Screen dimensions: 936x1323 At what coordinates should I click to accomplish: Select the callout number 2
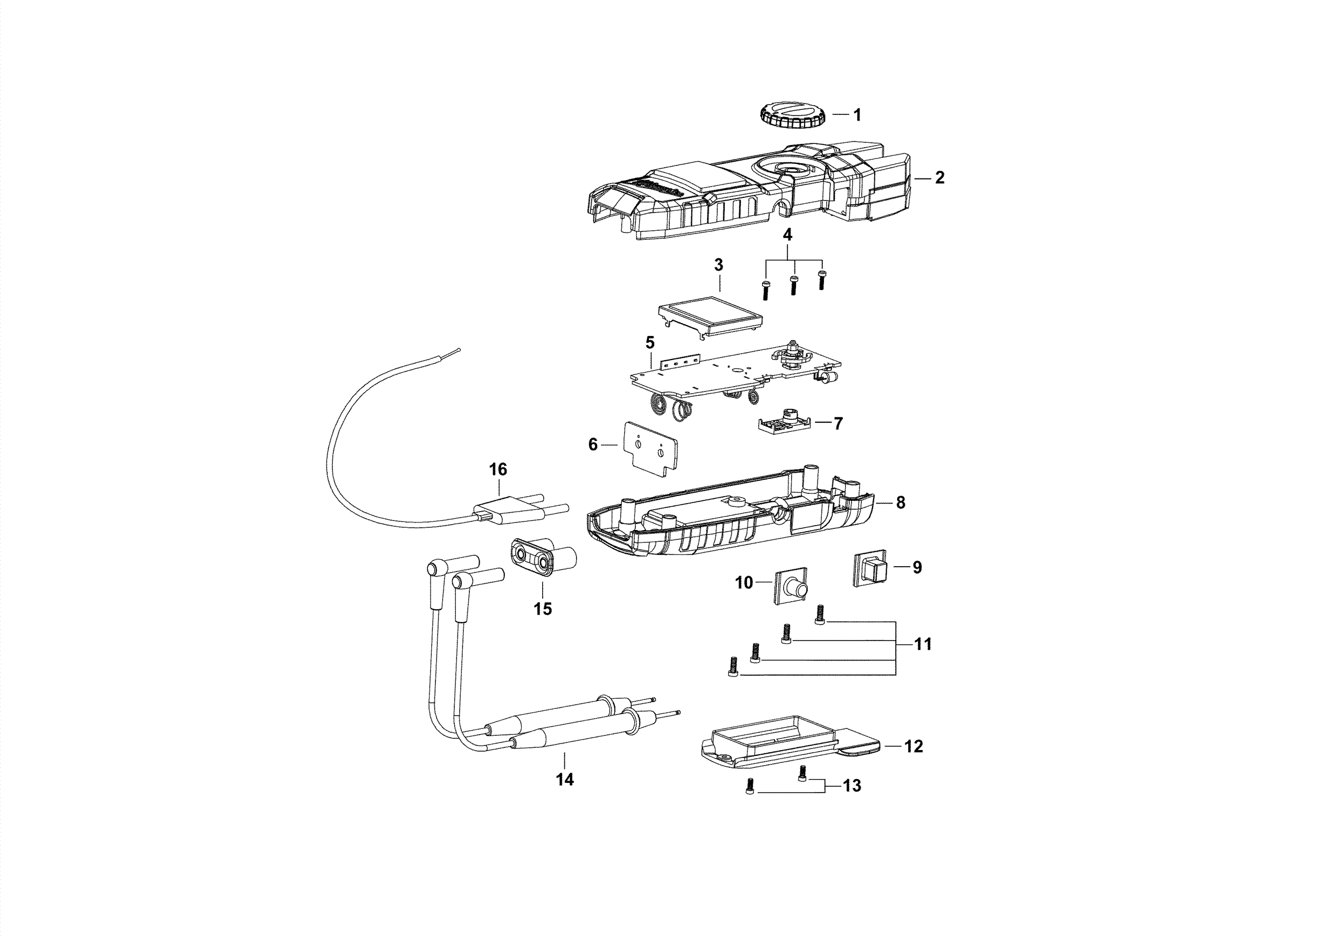pos(939,177)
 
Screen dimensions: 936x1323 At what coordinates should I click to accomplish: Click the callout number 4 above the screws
pos(787,235)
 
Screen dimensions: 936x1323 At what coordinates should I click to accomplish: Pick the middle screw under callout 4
pos(793,286)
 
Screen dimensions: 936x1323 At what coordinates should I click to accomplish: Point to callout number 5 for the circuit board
pos(650,342)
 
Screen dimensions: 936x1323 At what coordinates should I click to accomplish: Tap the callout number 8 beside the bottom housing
pos(901,503)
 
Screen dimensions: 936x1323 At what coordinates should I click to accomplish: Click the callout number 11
pos(923,644)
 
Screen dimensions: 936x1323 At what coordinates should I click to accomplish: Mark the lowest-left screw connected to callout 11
pos(732,669)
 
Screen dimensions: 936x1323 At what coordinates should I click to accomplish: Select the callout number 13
pos(851,786)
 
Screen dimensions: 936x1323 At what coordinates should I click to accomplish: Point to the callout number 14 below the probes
pos(565,779)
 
